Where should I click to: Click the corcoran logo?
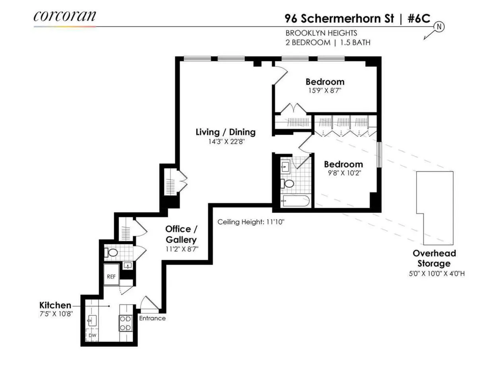(65, 16)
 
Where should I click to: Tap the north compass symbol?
(439, 27)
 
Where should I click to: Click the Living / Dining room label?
(225, 132)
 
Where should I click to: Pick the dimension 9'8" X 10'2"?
(343, 173)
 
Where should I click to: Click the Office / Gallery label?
(181, 234)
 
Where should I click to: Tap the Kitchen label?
(55, 305)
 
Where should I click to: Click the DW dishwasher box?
(92, 335)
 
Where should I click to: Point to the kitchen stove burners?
(125, 323)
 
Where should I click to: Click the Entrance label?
(152, 318)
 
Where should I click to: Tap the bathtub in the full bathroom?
(295, 201)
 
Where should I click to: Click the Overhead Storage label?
(434, 258)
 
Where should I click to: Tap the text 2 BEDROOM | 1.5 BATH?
(328, 43)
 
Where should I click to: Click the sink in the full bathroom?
(285, 167)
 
